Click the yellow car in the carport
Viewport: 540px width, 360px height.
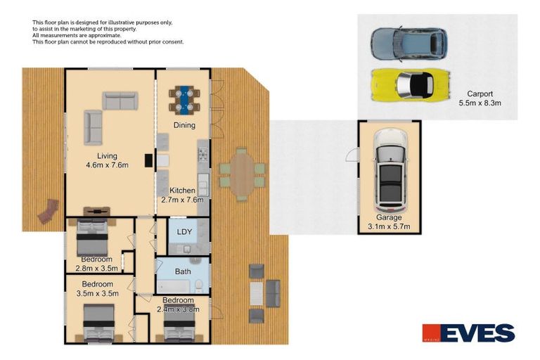coord(411,85)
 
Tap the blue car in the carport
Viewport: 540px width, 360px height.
coord(409,44)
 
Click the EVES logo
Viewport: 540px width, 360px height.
coord(469,333)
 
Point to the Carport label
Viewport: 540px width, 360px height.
coord(480,94)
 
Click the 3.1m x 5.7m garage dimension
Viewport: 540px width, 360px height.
coord(389,226)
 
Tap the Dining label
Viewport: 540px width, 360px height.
coord(184,125)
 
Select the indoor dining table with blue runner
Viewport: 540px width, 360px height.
coord(184,100)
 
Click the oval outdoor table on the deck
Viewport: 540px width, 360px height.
coord(243,174)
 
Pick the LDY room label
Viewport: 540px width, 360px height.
coord(184,231)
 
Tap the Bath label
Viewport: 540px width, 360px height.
coord(183,271)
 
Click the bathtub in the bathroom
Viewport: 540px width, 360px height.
coord(173,286)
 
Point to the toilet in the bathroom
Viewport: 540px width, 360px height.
coord(199,285)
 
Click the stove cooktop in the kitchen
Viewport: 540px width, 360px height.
coord(202,155)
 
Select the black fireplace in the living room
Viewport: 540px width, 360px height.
coord(148,160)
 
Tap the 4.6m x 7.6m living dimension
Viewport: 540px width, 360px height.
coord(107,165)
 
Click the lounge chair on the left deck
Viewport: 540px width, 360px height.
coord(49,211)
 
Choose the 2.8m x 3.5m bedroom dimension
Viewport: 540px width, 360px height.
coord(97,268)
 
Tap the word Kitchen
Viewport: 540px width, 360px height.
coord(182,190)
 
